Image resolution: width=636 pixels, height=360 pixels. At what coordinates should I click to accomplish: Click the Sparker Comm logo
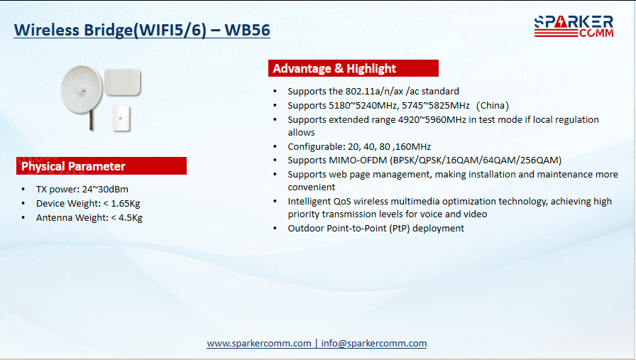pyautogui.click(x=574, y=26)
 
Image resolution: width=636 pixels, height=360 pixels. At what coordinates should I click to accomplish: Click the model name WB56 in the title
pyautogui.click(x=248, y=30)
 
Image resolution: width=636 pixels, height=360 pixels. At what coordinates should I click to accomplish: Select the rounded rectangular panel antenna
pyautogui.click(x=123, y=82)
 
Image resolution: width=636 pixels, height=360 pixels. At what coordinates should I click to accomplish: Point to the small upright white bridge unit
pyautogui.click(x=121, y=118)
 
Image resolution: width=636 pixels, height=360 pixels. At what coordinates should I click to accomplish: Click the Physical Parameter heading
pyautogui.click(x=73, y=166)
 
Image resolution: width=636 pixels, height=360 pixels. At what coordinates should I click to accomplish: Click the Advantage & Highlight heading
pyautogui.click(x=334, y=69)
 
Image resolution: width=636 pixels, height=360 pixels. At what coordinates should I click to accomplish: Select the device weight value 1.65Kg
pyautogui.click(x=126, y=203)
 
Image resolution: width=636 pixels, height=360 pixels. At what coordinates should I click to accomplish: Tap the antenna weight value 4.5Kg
pyautogui.click(x=130, y=217)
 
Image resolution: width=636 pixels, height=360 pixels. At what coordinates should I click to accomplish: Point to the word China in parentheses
pyautogui.click(x=493, y=106)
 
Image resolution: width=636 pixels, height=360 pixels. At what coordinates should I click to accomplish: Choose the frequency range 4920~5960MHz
pyautogui.click(x=432, y=120)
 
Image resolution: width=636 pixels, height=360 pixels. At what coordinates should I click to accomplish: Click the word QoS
pyautogui.click(x=342, y=202)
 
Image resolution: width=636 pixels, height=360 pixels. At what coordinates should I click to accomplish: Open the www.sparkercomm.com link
pyautogui.click(x=259, y=344)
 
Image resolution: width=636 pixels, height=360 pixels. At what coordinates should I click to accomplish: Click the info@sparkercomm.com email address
pyautogui.click(x=374, y=344)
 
